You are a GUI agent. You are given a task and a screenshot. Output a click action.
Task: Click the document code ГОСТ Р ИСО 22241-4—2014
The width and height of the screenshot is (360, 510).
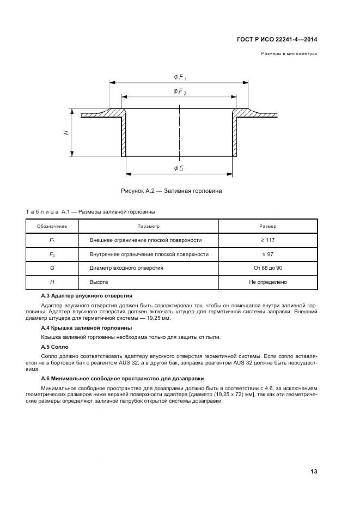pyautogui.click(x=277, y=39)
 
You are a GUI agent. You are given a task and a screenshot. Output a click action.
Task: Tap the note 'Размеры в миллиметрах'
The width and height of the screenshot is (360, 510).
pyautogui.click(x=289, y=54)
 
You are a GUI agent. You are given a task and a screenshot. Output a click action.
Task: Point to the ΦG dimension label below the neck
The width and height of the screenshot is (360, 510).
pyautogui.click(x=179, y=168)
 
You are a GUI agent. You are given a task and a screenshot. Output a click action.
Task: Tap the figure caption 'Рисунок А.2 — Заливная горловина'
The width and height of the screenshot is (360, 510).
pyautogui.click(x=171, y=191)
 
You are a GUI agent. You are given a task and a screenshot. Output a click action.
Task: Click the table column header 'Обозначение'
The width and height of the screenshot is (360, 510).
pyautogui.click(x=52, y=226)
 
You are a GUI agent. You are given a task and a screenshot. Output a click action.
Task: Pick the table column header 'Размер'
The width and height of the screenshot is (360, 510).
pyautogui.click(x=267, y=226)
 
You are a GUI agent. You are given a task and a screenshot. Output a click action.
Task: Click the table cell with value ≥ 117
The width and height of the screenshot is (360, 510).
pyautogui.click(x=267, y=240)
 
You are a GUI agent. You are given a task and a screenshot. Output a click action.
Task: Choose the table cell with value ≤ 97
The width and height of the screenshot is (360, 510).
pyautogui.click(x=267, y=254)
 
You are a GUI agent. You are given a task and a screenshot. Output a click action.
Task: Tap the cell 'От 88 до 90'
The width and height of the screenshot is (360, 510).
pyautogui.click(x=267, y=268)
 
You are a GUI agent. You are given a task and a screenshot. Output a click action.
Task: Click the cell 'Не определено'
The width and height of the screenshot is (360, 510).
pyautogui.click(x=267, y=282)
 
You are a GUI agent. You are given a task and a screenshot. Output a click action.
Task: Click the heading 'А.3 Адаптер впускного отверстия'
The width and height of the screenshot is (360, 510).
pyautogui.click(x=87, y=295)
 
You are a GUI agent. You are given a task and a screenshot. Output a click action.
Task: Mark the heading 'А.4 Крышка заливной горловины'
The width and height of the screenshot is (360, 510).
pyautogui.click(x=87, y=327)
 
